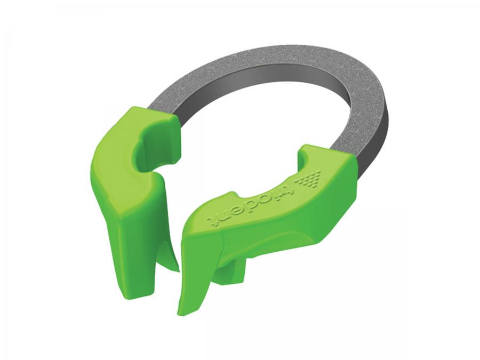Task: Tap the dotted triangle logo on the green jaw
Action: point(311,179)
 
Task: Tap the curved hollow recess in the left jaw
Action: point(147,147)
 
